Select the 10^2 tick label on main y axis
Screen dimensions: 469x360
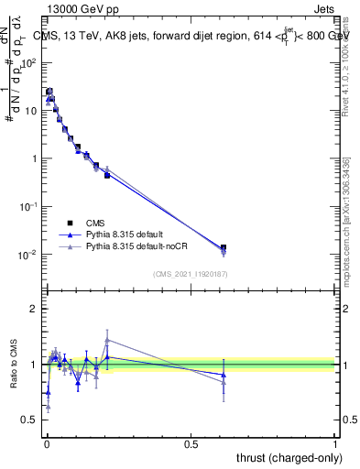(29, 63)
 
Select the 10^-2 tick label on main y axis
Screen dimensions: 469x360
(29, 255)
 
